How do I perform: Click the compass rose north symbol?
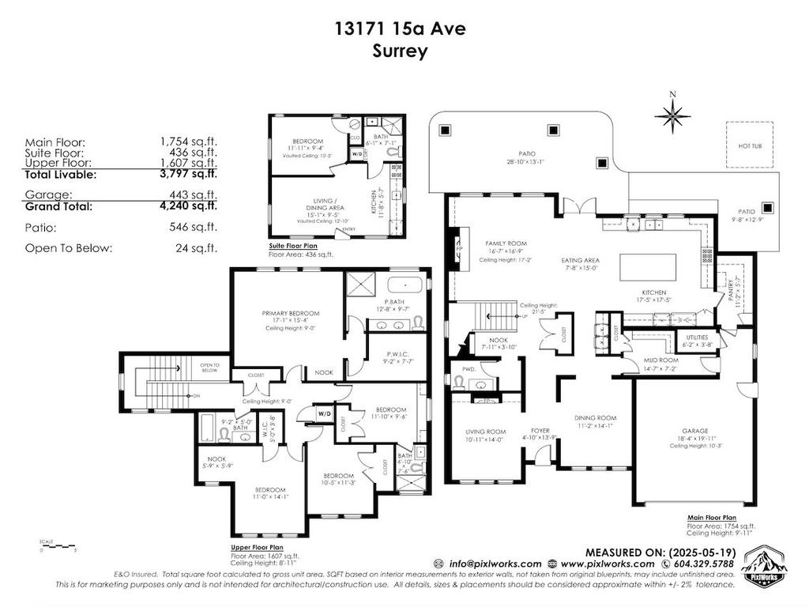click(x=672, y=115)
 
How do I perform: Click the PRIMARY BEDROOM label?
click(x=288, y=313)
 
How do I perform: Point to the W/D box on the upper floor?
click(x=324, y=413)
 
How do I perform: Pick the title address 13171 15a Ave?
click(x=399, y=29)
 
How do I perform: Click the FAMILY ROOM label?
click(x=506, y=243)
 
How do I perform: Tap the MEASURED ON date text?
click(x=660, y=552)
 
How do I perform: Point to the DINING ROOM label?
click(x=595, y=418)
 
